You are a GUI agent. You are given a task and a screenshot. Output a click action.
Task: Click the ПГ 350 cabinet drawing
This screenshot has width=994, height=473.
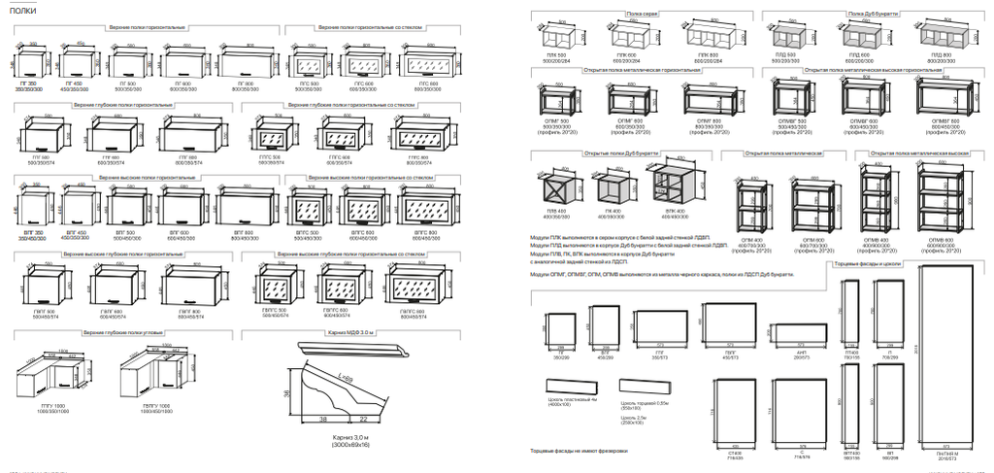(x=30, y=65)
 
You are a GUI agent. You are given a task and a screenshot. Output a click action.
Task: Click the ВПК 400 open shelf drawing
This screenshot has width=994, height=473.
(x=665, y=187)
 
